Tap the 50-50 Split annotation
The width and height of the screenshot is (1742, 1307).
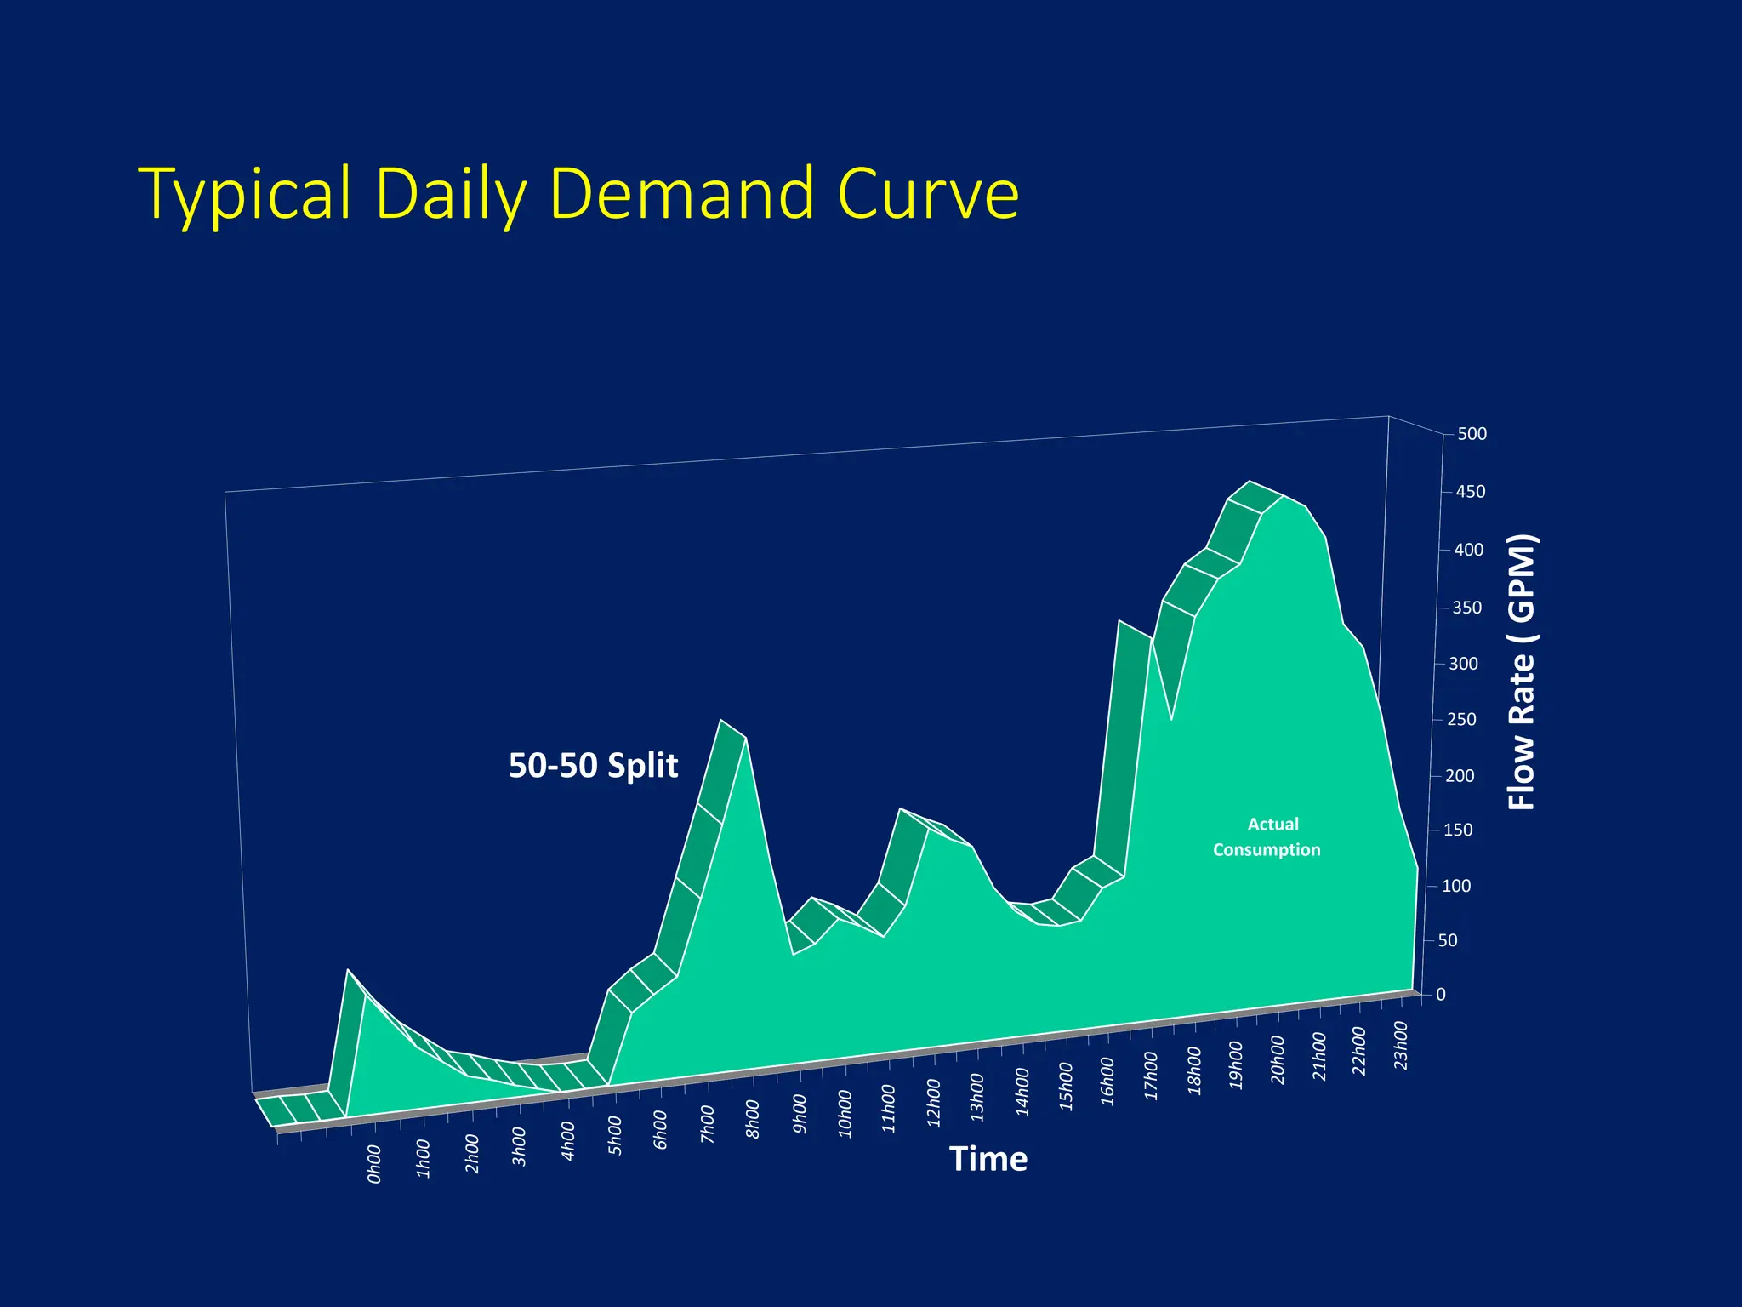click(593, 765)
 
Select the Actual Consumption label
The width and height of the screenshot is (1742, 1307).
click(1267, 836)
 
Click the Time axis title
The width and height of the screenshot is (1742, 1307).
click(988, 1159)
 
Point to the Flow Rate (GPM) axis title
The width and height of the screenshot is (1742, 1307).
click(1522, 672)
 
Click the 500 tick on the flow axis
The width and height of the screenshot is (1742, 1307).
click(1472, 434)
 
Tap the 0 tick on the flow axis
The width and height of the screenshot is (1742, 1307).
click(1441, 995)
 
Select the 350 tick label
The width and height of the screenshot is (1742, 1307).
click(1466, 608)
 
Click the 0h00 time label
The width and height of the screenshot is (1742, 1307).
click(374, 1164)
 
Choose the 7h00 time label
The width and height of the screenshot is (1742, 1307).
click(708, 1124)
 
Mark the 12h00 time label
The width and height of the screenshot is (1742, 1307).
click(934, 1103)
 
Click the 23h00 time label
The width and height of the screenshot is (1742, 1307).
click(1401, 1046)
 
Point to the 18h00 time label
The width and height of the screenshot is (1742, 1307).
click(1194, 1071)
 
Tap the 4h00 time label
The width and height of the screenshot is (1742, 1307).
click(568, 1140)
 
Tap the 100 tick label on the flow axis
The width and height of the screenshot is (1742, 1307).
click(1456, 886)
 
